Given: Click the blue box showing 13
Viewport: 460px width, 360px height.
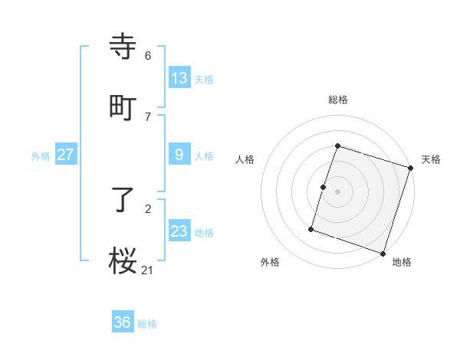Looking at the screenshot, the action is coord(179,77).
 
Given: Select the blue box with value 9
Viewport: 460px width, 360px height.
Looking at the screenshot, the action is coord(179,155).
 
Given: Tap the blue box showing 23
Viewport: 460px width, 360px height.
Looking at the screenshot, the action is coord(179,231).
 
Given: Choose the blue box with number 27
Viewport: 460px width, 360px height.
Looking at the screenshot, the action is coord(65,155).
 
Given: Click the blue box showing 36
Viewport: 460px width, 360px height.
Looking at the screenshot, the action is coord(123,322).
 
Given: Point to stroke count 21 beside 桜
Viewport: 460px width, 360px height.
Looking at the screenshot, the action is coord(148,269).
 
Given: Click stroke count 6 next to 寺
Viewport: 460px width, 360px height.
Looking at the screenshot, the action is coord(148,55).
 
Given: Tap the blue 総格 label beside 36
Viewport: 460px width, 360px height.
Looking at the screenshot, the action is coord(147,324).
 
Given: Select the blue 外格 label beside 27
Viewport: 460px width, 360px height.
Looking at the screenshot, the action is coord(41,156).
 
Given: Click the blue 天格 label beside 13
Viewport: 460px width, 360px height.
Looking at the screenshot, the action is coord(204,79).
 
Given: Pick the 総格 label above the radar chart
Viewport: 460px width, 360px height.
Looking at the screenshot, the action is coord(338,100).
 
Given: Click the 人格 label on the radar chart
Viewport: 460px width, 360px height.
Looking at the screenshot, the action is coord(245,159).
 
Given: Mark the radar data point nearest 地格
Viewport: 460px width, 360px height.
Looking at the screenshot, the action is coord(383,253).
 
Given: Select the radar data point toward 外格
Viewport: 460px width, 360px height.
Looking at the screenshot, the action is coord(311,228).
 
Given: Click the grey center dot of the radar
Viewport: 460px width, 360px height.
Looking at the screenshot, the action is coord(338,191).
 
